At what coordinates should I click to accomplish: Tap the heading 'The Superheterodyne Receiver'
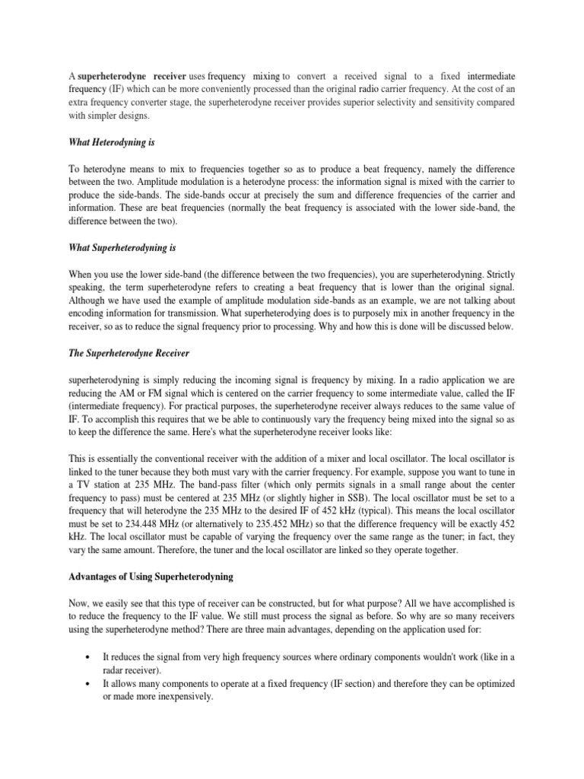[x=128, y=355]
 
